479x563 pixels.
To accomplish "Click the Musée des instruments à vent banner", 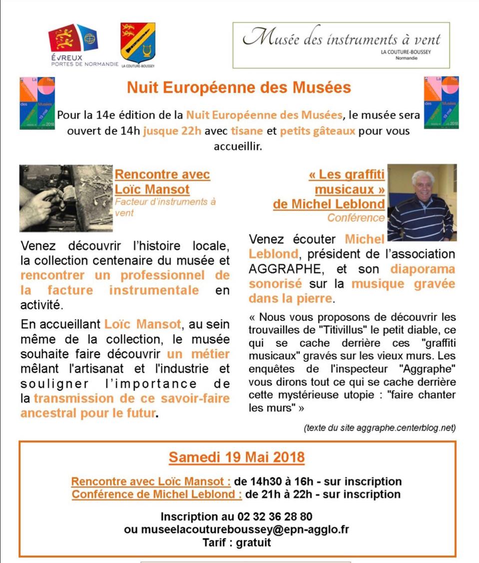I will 341,45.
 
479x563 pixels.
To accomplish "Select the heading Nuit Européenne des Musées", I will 239,87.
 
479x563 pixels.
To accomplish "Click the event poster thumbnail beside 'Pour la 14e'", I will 37,103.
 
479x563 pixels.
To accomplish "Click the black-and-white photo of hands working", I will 66,198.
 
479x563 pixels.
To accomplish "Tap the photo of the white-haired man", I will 422,202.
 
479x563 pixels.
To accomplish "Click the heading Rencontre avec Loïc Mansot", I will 162,182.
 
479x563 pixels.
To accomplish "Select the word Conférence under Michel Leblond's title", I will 356,218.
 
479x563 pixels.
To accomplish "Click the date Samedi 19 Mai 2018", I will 237,457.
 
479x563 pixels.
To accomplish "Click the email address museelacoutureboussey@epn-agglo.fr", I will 236,530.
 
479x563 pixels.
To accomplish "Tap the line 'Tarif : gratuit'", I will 237,543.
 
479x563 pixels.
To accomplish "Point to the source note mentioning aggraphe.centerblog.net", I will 379,428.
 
